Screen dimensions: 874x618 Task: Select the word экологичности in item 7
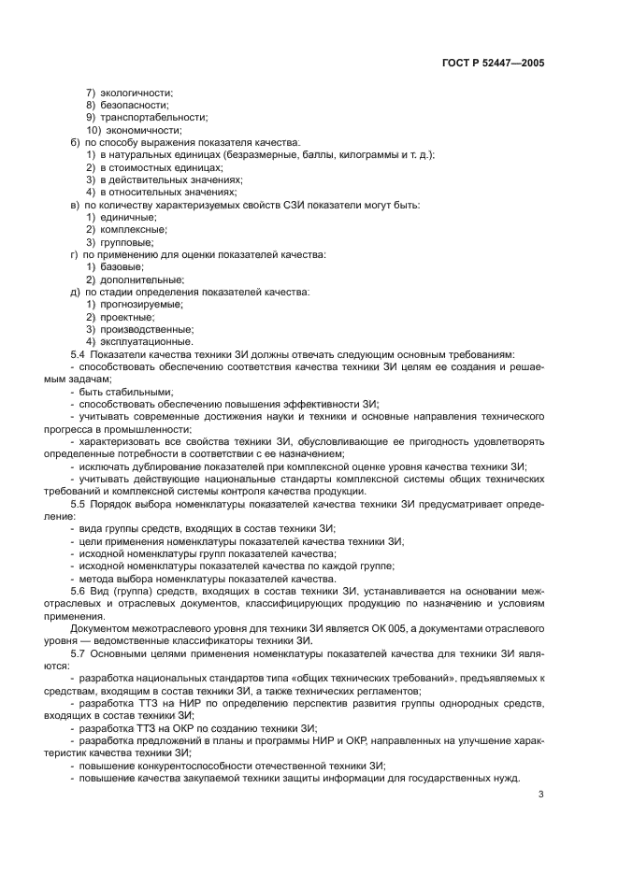point(136,93)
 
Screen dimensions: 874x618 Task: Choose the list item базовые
point(122,266)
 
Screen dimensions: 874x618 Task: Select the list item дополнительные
point(141,279)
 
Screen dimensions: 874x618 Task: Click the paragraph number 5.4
point(79,354)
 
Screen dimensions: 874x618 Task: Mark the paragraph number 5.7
point(79,653)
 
